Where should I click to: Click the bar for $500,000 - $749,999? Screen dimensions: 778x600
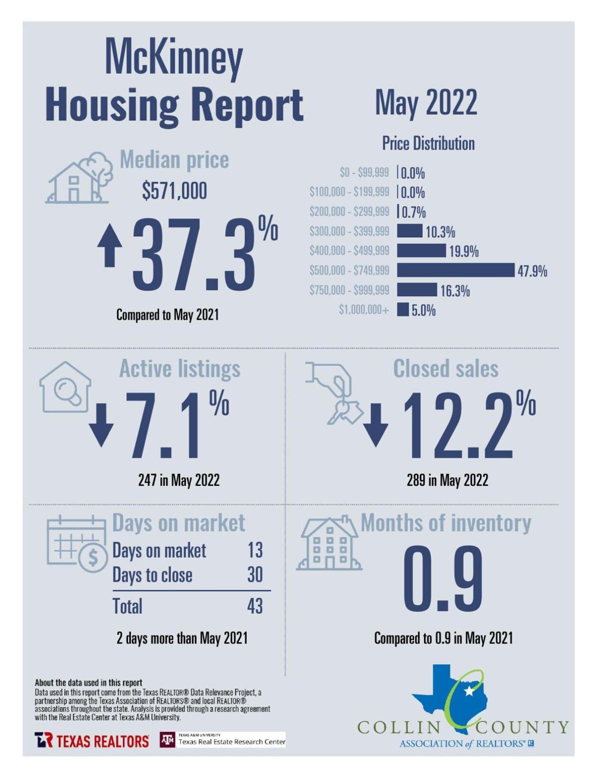[x=455, y=270]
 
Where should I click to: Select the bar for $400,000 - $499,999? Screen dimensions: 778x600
[x=421, y=250]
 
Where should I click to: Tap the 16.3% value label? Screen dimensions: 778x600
[x=454, y=291]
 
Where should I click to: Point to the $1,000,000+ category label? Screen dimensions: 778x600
[x=363, y=310]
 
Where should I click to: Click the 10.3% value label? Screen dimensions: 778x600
[x=440, y=232]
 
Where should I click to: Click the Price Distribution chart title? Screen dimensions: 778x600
[x=428, y=143]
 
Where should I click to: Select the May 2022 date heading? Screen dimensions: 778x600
[x=426, y=102]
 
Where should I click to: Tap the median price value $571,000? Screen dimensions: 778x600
[x=174, y=191]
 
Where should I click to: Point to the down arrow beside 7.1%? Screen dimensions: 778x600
[x=101, y=425]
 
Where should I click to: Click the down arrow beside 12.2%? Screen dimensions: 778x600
[x=375, y=425]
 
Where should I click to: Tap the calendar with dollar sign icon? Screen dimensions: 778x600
[x=77, y=547]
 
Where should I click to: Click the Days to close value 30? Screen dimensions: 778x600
[x=254, y=575]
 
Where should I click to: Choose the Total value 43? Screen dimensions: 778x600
[x=254, y=606]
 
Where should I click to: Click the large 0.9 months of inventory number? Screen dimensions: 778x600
[x=443, y=579]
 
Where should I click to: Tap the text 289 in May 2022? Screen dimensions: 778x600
[x=447, y=480]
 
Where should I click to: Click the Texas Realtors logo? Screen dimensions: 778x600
[x=91, y=740]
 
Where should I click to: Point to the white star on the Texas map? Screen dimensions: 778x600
[x=468, y=691]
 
